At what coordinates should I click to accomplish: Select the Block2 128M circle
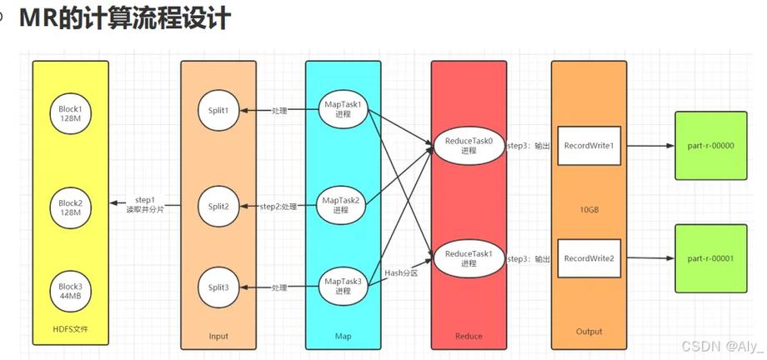71,206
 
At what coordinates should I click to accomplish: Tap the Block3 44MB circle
71,292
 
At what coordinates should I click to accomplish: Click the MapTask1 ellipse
342,110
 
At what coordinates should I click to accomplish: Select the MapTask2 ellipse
342,205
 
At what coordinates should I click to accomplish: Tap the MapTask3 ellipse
342,287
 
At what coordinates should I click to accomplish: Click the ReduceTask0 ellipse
469,147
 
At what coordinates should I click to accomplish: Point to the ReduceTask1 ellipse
469,258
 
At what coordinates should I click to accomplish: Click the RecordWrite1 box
589,146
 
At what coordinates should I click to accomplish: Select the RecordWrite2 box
589,258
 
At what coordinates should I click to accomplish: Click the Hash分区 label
402,272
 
